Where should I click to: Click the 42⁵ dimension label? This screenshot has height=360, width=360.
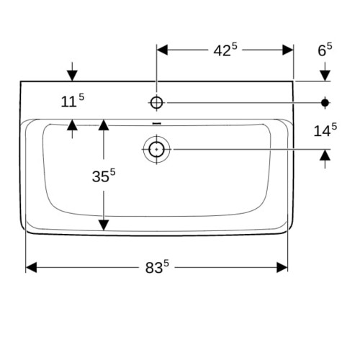(x=225, y=50)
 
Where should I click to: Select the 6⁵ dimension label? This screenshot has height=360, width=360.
(x=325, y=50)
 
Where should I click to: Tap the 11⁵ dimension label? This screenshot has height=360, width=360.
(x=73, y=101)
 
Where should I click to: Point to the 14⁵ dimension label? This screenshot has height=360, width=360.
(x=325, y=130)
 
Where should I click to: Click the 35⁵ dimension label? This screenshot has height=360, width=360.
(x=104, y=176)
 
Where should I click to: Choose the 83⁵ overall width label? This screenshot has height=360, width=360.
(x=157, y=267)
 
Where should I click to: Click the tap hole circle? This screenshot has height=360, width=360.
(x=156, y=103)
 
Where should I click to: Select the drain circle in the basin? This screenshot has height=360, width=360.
(x=156, y=149)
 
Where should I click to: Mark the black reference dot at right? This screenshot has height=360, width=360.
(x=325, y=103)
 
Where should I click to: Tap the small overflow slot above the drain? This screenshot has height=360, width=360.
(x=157, y=123)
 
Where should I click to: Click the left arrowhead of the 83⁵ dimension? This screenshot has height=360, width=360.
(x=31, y=267)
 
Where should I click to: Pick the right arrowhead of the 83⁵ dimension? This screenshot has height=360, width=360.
(x=282, y=267)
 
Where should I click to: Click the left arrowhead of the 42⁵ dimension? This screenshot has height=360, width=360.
(x=162, y=50)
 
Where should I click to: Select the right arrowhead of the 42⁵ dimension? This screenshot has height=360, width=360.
(x=288, y=50)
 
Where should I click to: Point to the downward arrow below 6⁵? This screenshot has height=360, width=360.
(x=325, y=71)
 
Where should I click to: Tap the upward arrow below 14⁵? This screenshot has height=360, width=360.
(x=325, y=159)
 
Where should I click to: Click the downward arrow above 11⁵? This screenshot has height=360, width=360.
(x=72, y=71)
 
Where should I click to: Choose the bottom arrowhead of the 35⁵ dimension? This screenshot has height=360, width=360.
(x=104, y=225)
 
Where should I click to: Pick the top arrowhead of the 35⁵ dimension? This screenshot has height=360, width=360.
(x=104, y=125)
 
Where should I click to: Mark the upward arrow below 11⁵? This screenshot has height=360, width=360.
(x=72, y=129)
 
